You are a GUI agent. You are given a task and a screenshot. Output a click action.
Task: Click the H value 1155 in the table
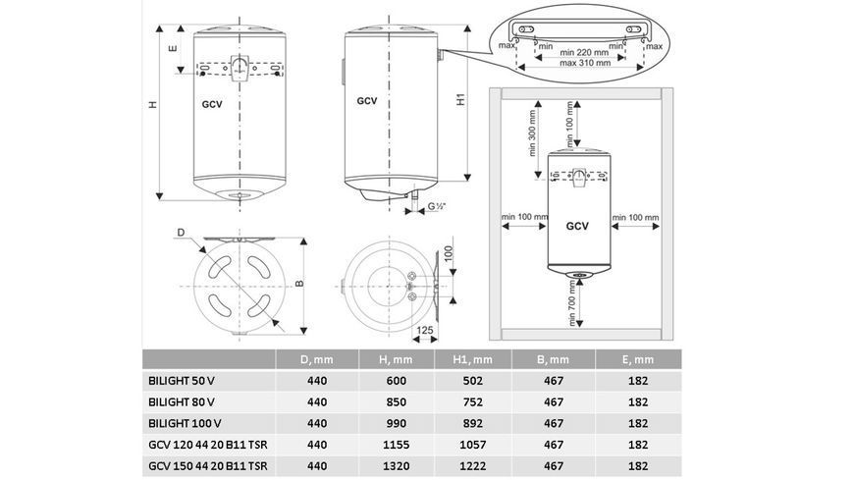point(396,445)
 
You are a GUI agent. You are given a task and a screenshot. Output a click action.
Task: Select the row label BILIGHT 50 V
point(185,381)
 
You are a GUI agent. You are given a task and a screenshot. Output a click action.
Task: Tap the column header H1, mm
point(473,359)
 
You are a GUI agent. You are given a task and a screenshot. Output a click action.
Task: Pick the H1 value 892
point(473,423)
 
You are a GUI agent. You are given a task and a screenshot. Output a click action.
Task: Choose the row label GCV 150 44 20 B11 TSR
point(208,466)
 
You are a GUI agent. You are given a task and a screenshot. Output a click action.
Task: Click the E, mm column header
point(638,359)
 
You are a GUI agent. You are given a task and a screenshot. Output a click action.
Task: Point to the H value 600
point(396,381)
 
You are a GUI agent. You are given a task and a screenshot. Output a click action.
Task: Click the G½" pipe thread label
point(437,207)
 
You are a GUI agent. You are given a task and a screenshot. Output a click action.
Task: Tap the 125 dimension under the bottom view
point(425,330)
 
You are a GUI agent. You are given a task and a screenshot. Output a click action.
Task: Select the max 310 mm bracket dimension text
point(585,63)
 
